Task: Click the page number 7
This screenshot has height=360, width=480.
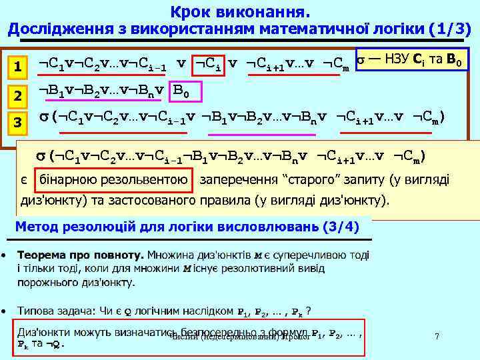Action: click(437, 337)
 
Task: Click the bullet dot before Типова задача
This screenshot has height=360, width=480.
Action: click(5, 311)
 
